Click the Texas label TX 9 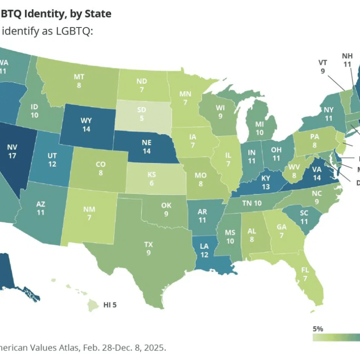148,248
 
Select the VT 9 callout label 322,67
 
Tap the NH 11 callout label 347,60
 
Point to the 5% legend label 318,328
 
